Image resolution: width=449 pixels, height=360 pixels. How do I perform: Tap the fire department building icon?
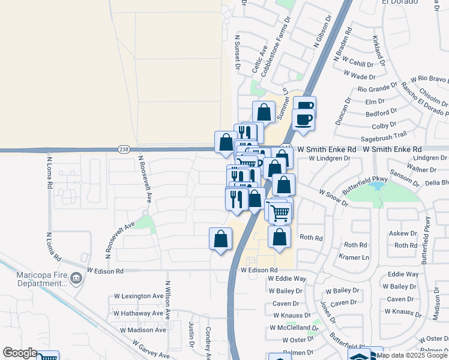[76, 278]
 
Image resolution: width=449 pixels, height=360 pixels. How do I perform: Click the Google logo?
[20, 353]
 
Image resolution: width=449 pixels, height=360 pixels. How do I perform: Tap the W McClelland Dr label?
[294, 328]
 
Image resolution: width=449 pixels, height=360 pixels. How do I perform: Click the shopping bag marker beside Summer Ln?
[264, 112]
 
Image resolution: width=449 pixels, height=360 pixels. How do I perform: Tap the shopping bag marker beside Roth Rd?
[279, 236]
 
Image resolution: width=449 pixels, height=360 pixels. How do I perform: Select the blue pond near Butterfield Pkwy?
[379, 187]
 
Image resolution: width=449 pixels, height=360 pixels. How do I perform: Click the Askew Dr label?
[402, 233]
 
